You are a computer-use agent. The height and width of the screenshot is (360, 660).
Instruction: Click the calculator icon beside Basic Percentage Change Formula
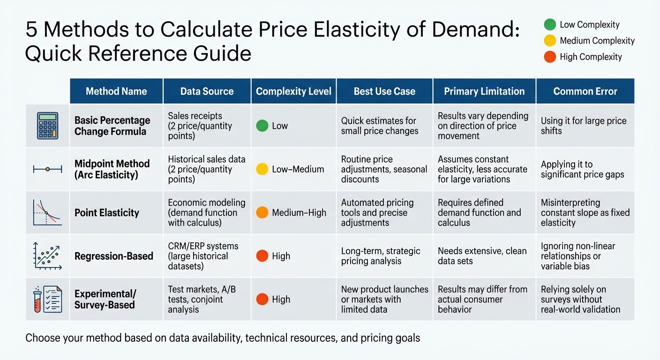pos(48,126)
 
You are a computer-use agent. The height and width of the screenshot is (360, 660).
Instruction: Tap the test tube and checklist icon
pos(48,299)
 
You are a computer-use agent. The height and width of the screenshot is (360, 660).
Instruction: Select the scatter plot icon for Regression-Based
pos(48,255)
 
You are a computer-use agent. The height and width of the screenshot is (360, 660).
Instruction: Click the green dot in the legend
pos(550,24)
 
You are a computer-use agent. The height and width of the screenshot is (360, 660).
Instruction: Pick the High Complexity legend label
pos(591,57)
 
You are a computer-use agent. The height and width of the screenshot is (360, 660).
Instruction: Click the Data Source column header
pos(207,91)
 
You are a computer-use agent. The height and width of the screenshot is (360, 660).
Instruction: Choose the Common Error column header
pos(585,91)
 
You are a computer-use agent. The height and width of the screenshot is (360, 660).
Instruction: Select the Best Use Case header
pos(384,91)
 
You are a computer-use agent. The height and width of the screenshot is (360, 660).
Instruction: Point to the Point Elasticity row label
pos(107,213)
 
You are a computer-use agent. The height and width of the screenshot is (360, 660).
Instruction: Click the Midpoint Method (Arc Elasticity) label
pos(112,169)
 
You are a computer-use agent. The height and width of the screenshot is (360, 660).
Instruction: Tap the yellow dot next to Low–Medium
pos(262,169)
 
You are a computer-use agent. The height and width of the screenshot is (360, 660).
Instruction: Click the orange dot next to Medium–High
pos(262,213)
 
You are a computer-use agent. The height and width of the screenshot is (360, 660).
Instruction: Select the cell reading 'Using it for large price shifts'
pos(584,126)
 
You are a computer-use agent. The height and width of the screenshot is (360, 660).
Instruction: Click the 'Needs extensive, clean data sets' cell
pos(482,256)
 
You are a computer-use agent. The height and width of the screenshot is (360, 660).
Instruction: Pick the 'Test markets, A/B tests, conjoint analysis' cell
pos(202,300)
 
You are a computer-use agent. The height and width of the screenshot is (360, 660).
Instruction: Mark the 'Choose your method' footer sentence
pos(223,337)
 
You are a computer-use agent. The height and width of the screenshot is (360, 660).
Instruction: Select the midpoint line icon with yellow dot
pos(48,169)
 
